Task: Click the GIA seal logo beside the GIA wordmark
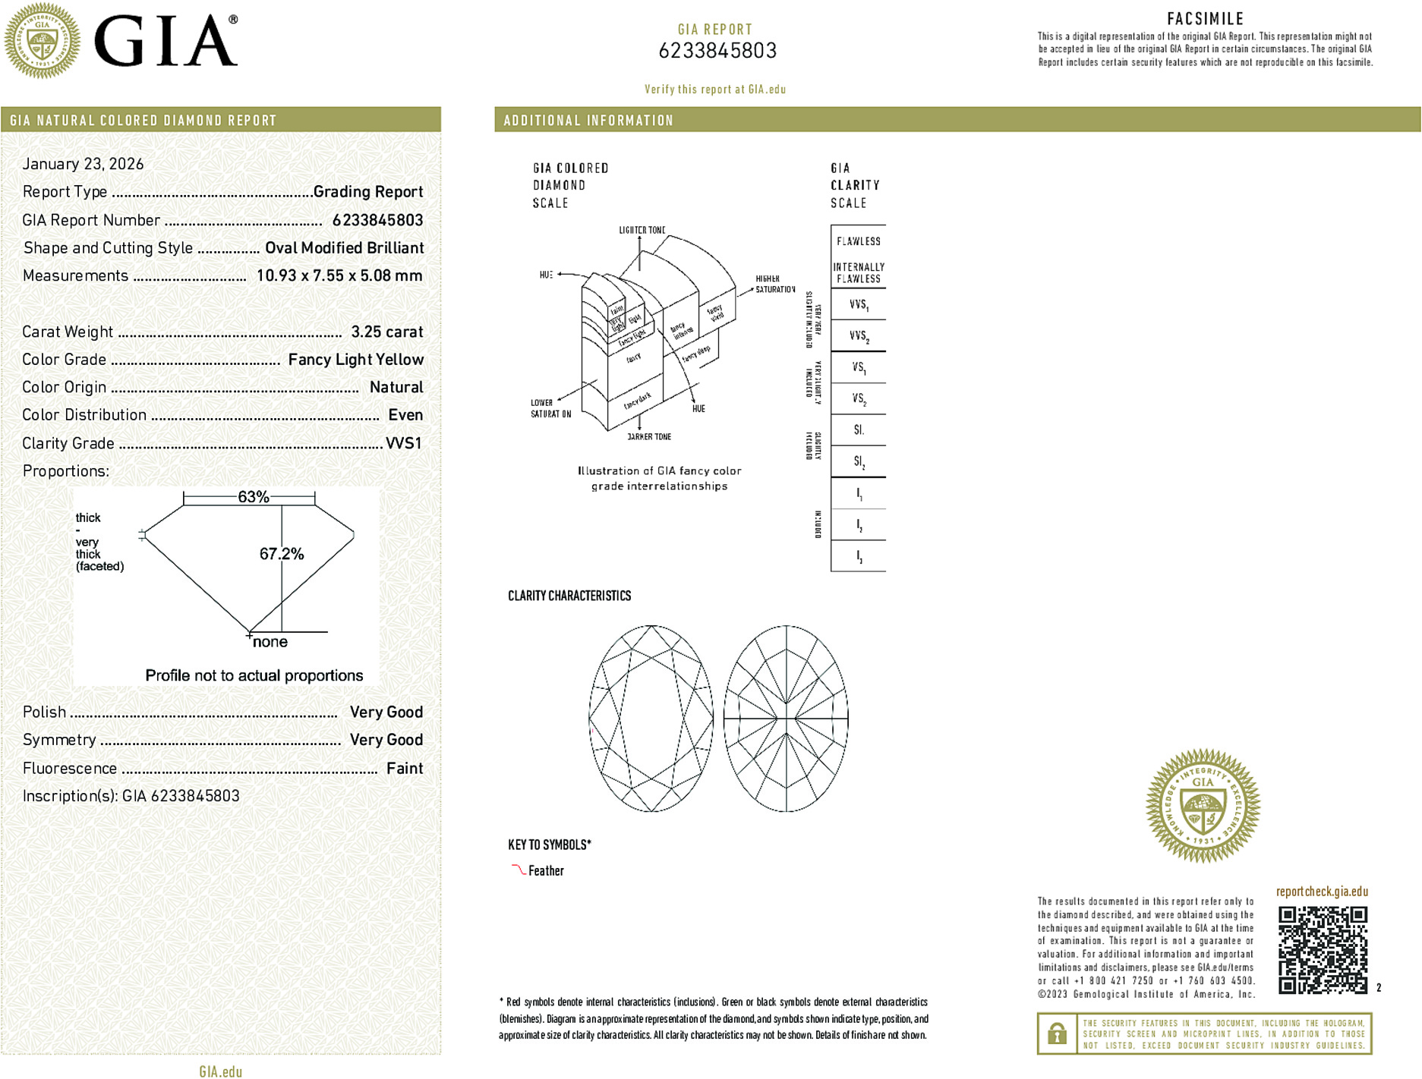point(43,40)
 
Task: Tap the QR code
point(1322,949)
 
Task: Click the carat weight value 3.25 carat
point(386,332)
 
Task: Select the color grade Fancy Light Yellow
point(355,360)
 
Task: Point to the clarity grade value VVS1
point(403,443)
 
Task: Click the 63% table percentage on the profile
point(253,497)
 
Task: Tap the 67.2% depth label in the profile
point(282,554)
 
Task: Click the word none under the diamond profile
point(270,642)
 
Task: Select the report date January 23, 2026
point(83,164)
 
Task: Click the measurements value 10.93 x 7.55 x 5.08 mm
point(339,275)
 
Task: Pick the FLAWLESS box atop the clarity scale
point(858,241)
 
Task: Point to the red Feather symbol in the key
point(518,870)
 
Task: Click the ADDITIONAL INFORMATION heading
point(588,121)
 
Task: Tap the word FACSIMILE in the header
point(1205,19)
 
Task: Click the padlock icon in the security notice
point(1057,1033)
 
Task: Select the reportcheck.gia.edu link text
point(1322,892)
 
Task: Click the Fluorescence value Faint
point(405,768)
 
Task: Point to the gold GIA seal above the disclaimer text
point(1203,805)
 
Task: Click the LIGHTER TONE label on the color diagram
point(642,230)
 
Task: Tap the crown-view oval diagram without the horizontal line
point(651,719)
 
